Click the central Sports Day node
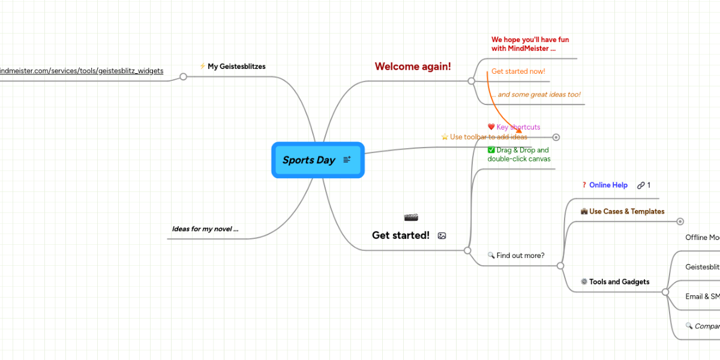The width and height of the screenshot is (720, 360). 309,160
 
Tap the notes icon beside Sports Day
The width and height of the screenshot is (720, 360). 347,160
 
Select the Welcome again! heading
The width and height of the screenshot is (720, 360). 413,67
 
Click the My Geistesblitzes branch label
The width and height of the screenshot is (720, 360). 236,67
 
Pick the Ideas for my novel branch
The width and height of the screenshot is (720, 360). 205,229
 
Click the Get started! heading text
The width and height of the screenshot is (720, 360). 400,235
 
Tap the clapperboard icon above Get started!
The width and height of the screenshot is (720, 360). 411,217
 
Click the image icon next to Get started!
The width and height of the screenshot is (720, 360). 442,236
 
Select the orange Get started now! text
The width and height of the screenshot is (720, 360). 518,71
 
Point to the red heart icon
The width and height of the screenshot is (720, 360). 491,127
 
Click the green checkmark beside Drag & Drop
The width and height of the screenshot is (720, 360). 491,150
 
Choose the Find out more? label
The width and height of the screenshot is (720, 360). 520,256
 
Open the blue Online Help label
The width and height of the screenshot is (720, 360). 608,185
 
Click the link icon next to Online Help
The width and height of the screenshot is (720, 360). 641,185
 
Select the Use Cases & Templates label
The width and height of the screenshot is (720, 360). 626,211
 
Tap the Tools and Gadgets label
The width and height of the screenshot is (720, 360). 619,282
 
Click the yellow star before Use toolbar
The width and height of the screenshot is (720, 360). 445,137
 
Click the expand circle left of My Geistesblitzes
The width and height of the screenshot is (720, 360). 184,77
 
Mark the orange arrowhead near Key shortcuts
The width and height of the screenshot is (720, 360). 519,130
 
